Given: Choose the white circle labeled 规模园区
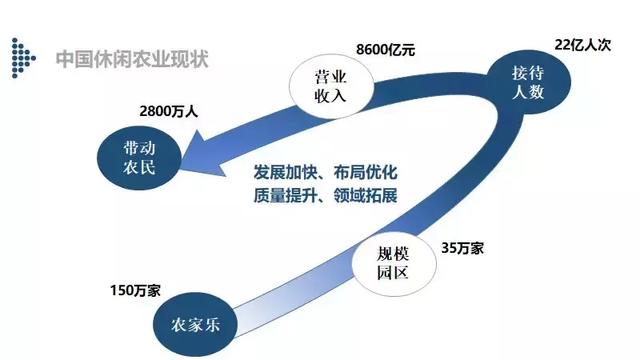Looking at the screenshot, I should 388,261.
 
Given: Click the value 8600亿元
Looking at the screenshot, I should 384,47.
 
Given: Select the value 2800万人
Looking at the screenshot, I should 166,110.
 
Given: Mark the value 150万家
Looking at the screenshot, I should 136,290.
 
